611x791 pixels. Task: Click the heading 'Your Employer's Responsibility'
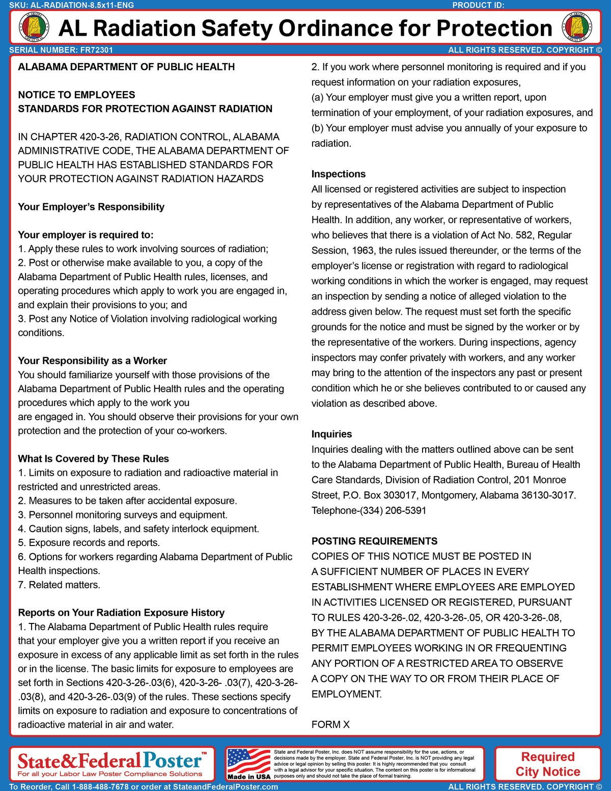point(91,207)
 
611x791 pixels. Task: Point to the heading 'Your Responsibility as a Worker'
point(92,361)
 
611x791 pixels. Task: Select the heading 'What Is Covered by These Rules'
point(93,458)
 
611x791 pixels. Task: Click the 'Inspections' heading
point(338,174)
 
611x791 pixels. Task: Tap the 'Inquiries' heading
point(331,434)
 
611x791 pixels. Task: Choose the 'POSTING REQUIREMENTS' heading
point(374,541)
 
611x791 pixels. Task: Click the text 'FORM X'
point(330,724)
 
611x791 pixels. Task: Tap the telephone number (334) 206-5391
point(393,510)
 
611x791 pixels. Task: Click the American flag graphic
point(248,760)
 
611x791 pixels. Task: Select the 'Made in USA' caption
point(248,777)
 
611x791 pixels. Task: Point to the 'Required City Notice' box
point(547,764)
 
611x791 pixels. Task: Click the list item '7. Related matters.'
point(59,585)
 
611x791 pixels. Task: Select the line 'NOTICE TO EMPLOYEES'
point(76,95)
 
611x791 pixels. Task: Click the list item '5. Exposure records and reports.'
point(89,542)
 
